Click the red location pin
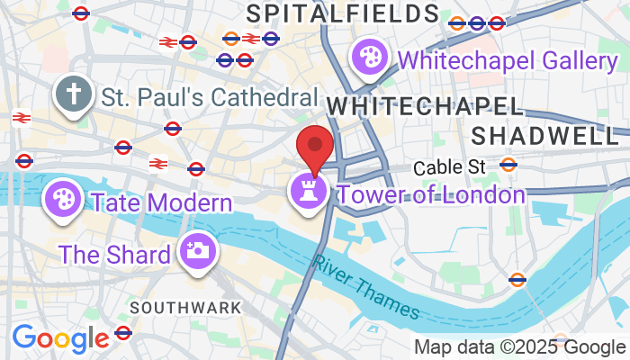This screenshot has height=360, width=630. [x=315, y=147]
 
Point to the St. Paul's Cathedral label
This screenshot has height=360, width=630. [x=210, y=97]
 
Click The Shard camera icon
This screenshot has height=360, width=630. [x=195, y=249]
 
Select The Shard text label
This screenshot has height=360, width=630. [x=114, y=255]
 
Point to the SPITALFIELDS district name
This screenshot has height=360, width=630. [x=342, y=13]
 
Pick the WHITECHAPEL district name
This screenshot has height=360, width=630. [x=424, y=106]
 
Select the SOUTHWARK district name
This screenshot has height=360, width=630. [x=186, y=307]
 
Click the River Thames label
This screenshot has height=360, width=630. [x=367, y=285]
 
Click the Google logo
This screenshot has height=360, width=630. [x=60, y=338]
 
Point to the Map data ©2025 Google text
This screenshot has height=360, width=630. [x=518, y=346]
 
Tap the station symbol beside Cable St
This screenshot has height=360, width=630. [x=508, y=165]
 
